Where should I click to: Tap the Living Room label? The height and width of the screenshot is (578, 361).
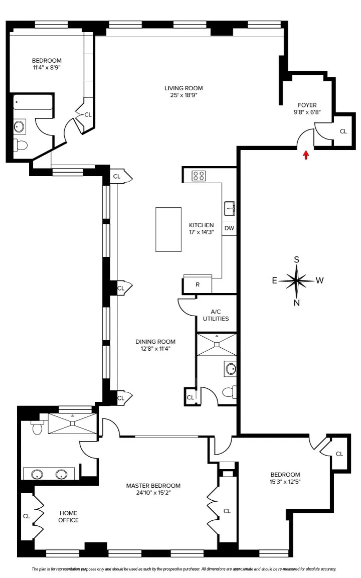click(x=184, y=88)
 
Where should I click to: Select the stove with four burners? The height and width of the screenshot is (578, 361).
click(x=199, y=176)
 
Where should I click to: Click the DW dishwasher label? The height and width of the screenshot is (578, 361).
click(x=229, y=228)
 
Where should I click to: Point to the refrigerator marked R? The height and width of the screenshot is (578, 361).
click(x=198, y=284)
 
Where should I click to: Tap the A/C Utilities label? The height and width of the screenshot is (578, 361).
click(x=216, y=315)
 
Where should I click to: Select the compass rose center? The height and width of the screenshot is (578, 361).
click(x=297, y=280)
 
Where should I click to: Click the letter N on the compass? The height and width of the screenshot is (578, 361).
click(x=297, y=303)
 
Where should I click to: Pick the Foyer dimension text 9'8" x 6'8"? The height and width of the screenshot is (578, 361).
click(x=307, y=112)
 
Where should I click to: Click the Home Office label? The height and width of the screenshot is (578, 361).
click(x=69, y=516)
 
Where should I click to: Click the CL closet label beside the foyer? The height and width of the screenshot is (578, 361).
click(x=343, y=131)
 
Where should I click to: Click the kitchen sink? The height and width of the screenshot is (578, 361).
click(x=230, y=207)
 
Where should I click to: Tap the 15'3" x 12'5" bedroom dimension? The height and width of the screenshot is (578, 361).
click(x=285, y=482)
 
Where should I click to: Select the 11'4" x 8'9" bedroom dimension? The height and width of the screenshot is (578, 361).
click(x=46, y=67)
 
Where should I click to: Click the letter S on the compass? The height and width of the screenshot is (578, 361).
click(x=297, y=259)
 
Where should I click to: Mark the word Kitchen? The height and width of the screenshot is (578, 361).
click(x=201, y=225)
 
